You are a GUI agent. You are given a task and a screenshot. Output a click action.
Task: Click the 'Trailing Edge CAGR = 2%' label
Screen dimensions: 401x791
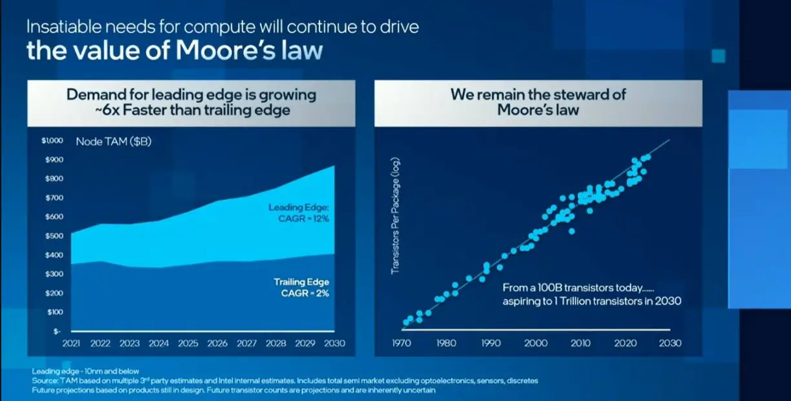tap(301, 287)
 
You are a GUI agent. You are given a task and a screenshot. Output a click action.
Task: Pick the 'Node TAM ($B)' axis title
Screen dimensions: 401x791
tap(113, 142)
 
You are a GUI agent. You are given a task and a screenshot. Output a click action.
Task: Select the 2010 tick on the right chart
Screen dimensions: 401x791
tap(579, 343)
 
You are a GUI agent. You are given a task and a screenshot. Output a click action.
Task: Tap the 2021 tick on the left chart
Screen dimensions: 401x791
tap(70, 343)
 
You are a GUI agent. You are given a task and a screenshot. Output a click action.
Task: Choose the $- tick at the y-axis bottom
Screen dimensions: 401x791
tap(57, 331)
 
